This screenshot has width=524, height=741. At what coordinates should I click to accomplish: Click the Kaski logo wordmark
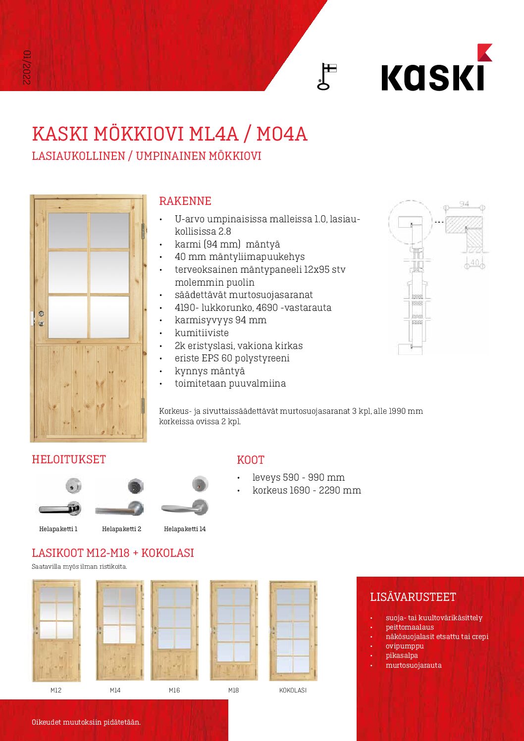[432, 78]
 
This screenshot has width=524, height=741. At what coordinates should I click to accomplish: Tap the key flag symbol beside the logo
[326, 77]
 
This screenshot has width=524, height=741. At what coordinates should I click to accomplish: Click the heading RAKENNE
[185, 201]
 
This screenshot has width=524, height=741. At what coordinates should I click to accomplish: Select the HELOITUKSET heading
[69, 459]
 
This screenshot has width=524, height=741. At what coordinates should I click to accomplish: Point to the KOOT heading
[251, 460]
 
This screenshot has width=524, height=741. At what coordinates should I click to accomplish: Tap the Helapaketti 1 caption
[58, 529]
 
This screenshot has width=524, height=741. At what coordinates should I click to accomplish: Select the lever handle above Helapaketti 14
[185, 505]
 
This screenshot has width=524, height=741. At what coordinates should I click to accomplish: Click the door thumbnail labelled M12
[56, 631]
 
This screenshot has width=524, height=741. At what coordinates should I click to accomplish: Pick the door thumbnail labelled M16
[174, 631]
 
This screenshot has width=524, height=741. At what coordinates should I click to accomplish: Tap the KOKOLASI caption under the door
[293, 690]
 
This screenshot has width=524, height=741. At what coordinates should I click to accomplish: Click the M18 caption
[233, 690]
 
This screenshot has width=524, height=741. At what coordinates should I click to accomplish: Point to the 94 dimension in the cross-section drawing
[464, 204]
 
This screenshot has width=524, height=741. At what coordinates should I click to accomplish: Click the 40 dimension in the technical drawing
[474, 262]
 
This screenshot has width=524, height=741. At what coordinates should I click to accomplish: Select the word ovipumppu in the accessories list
[405, 646]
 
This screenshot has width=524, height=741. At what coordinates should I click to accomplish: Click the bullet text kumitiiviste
[202, 333]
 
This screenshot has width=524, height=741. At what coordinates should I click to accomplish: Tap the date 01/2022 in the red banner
[27, 67]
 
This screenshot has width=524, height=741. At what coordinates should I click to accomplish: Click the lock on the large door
[41, 318]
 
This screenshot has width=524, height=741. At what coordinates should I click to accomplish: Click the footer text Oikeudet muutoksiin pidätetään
[86, 722]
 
